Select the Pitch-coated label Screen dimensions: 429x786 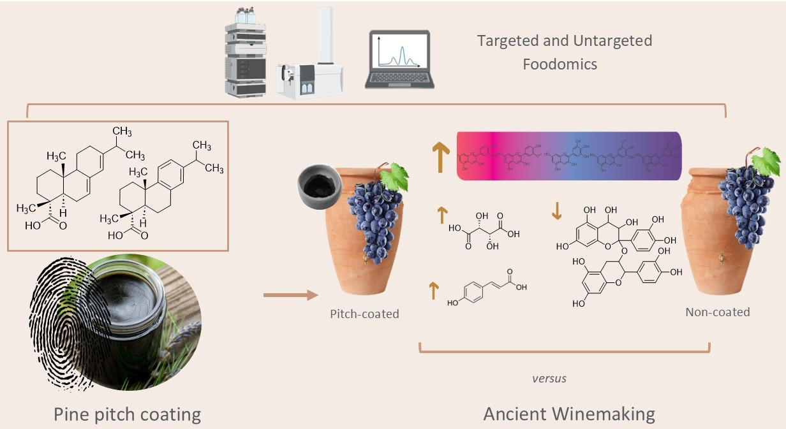(364, 314)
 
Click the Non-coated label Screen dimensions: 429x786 (717, 312)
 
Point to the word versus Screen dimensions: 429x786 (549, 379)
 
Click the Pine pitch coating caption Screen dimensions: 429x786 (127, 414)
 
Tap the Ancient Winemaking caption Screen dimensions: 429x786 (569, 414)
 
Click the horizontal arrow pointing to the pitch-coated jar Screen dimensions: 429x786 (290, 294)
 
